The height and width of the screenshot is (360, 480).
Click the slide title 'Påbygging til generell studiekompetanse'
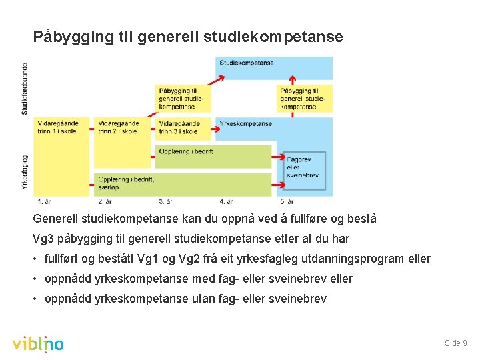[188, 37]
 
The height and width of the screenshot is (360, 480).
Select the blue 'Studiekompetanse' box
[275, 67]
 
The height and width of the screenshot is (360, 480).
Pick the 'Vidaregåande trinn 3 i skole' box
[184, 127]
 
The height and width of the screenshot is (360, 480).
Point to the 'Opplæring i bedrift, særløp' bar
[183, 183]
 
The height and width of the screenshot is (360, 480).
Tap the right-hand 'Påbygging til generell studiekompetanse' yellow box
[305, 98]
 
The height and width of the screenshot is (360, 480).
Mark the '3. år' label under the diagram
[165, 201]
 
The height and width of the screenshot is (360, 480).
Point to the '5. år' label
[287, 201]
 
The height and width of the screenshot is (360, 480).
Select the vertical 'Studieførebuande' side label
[25, 88]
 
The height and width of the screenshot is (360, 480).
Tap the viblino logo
[38, 343]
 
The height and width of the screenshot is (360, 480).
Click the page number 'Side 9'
[455, 343]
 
